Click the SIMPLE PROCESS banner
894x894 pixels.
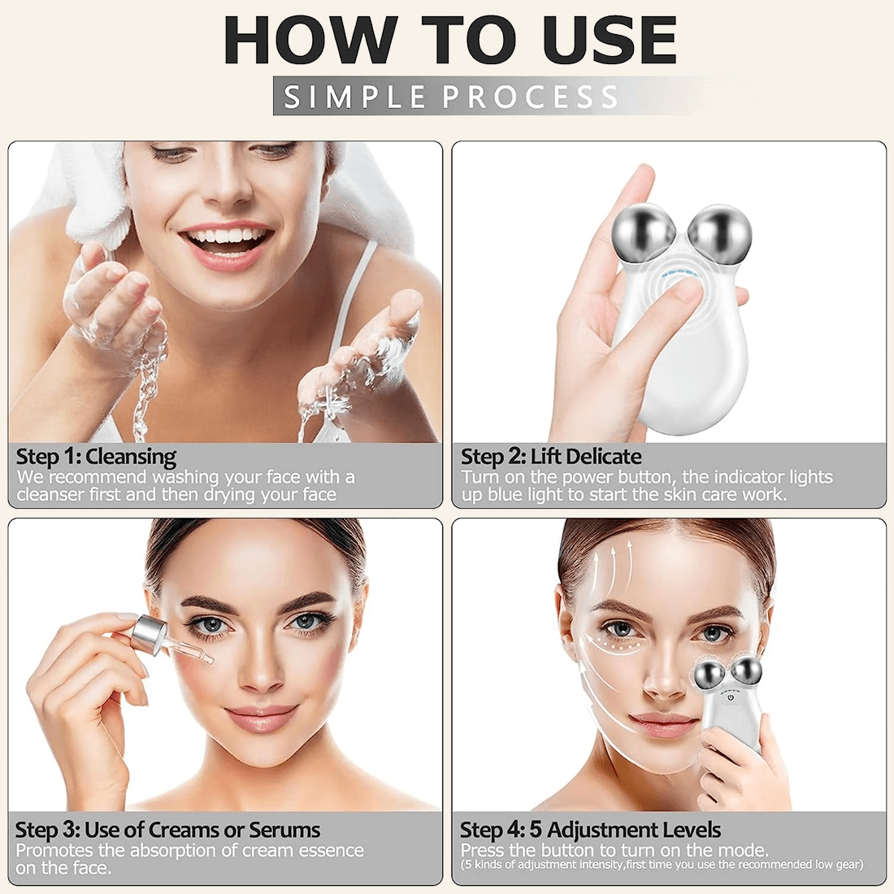tap(450, 96)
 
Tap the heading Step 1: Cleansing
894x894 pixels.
tap(96, 457)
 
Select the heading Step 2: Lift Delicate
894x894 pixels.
tap(551, 457)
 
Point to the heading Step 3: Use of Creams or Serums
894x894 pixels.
tap(167, 830)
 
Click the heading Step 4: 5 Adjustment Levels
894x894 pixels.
tap(590, 830)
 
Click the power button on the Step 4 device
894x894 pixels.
tap(731, 697)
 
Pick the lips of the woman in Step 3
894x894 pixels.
tap(262, 718)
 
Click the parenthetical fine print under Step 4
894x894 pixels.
tap(662, 865)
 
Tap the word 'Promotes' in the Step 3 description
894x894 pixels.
tap(54, 850)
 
